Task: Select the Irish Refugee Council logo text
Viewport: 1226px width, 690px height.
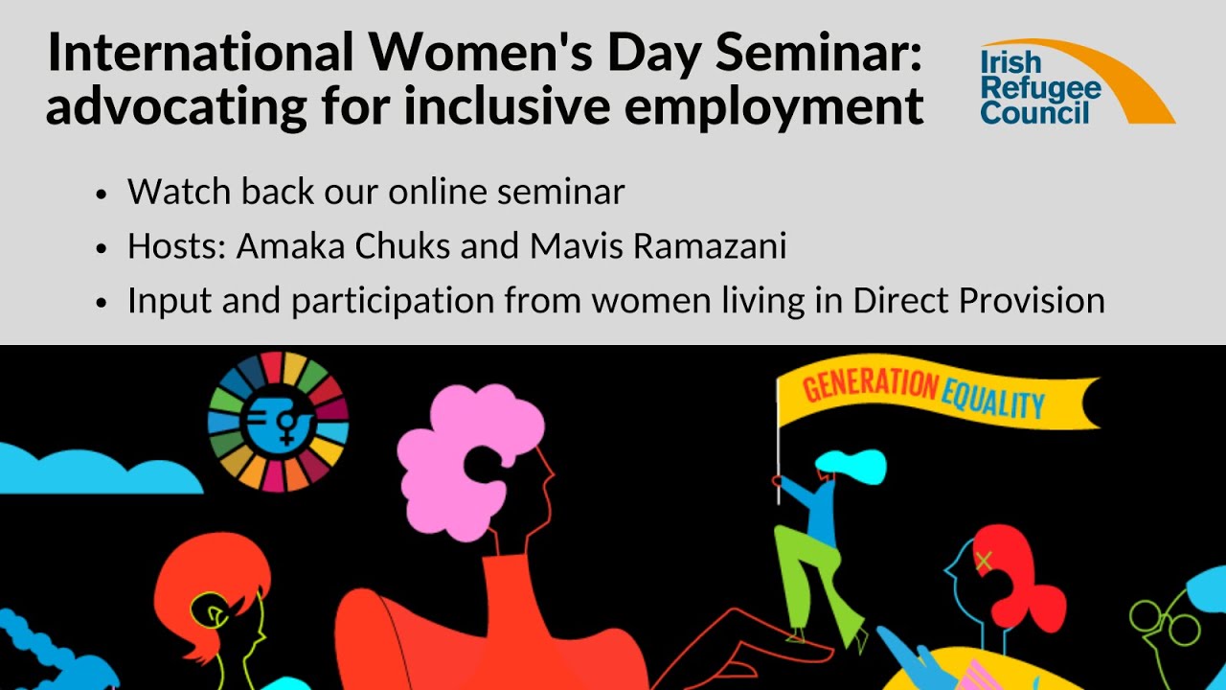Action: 1039,88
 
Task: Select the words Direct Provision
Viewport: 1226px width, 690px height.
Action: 978,300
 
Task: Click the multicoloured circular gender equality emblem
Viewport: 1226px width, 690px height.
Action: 278,422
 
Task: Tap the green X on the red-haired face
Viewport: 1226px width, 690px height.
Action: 983,562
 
